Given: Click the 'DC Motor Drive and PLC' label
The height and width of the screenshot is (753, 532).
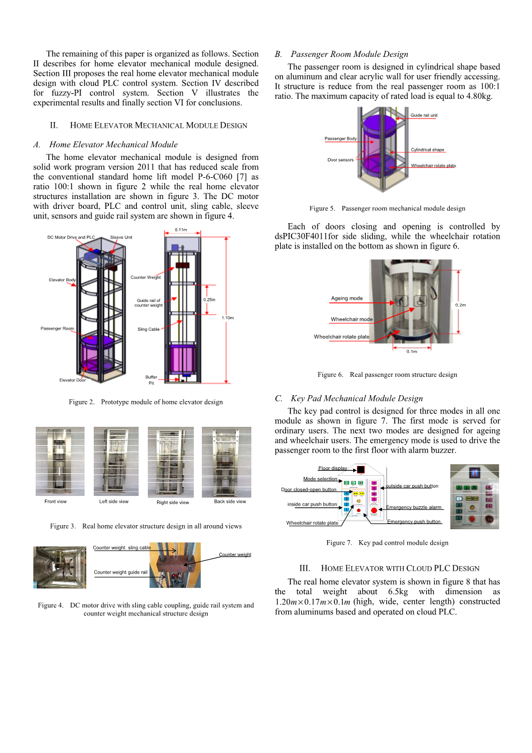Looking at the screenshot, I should coord(71,237).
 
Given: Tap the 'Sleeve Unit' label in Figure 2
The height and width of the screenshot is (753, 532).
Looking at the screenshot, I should coord(121,237).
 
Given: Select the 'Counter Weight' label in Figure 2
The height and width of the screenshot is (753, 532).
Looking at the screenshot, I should coord(146,277).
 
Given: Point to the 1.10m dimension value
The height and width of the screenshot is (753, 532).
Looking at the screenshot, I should coord(228,318).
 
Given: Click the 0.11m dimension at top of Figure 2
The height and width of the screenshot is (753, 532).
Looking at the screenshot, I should coord(181,230).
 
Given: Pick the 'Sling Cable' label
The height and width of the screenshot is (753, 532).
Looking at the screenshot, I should coord(148,330).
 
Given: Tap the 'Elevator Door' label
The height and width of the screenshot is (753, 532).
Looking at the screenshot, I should coord(72,380).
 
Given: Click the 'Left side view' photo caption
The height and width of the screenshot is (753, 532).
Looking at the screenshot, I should coord(114,502).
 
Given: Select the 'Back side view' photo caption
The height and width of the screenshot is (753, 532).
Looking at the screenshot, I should coord(229,502).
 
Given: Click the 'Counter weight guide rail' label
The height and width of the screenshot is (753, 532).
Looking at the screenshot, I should coord(121,572).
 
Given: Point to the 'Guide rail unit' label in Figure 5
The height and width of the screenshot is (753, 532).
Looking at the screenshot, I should coord(424,116).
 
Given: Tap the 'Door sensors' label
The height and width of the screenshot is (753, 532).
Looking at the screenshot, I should coord(340,160).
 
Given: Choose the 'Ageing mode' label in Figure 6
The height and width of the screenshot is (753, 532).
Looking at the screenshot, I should coord(347,299).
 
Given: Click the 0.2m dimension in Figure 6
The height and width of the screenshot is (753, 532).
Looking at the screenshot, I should coord(461,305).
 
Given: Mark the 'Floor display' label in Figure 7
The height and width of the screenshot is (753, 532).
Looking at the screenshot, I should coord(332,468).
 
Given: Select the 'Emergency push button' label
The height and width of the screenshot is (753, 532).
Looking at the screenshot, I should coord(414,522).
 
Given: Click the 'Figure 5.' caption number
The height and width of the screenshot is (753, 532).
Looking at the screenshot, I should coord(322,208).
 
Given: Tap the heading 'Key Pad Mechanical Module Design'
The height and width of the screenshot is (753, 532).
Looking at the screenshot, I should coord(357,398).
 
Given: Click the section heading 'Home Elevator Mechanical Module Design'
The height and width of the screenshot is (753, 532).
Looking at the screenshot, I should coord(159,125).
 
